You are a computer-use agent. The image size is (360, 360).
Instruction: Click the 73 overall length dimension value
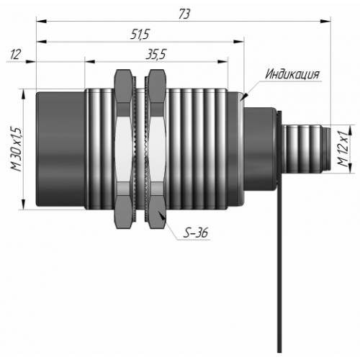tap(184, 14)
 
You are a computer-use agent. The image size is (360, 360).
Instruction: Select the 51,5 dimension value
tap(140, 35)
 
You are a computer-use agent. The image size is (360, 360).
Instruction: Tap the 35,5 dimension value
tap(156, 55)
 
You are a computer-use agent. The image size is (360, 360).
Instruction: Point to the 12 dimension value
tap(15, 55)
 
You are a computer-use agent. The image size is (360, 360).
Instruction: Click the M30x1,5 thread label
tap(17, 149)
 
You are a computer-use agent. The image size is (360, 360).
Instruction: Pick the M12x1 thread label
tap(343, 149)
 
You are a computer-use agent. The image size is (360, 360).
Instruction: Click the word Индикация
tap(292, 74)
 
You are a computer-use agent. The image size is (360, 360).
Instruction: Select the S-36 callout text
tap(195, 233)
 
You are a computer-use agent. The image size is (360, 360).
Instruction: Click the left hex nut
tap(123, 149)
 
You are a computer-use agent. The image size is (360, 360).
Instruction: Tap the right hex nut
tap(157, 149)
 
